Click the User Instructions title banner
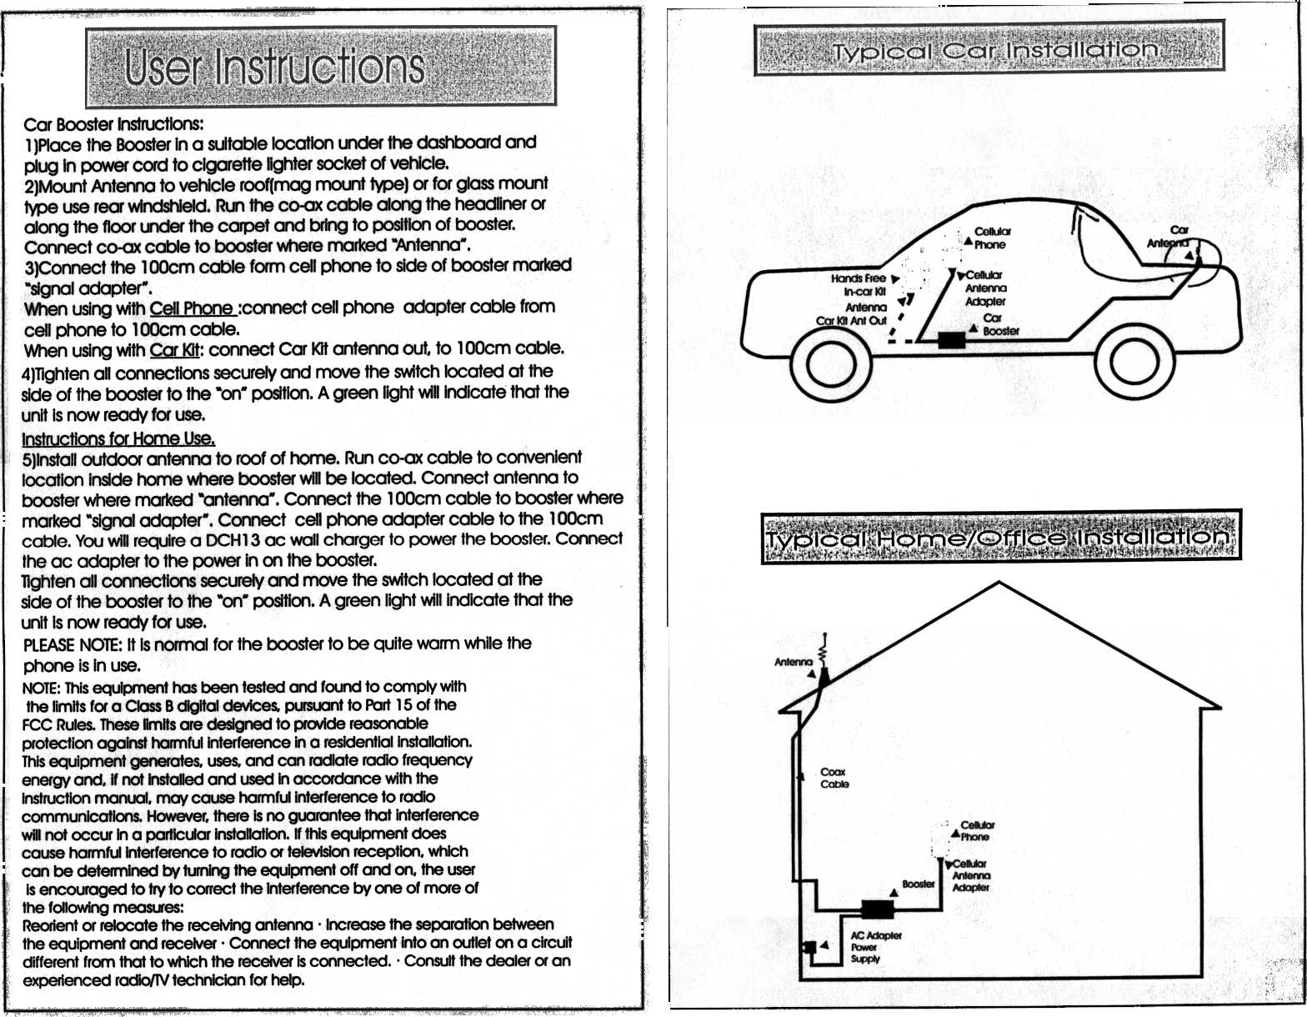[x=320, y=67]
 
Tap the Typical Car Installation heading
[x=989, y=50]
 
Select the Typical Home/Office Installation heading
[x=1000, y=538]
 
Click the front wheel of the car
[x=831, y=361]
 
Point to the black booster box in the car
[x=951, y=340]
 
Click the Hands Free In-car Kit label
[x=859, y=285]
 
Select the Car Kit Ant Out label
[x=851, y=321]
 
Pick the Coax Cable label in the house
[x=834, y=778]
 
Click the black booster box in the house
[x=876, y=909]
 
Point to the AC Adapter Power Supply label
[x=875, y=947]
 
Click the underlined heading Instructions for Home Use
[x=118, y=438]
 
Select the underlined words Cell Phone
[x=193, y=308]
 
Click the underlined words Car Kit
[x=177, y=349]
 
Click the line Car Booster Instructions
[x=113, y=125]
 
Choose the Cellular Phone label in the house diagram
[x=976, y=830]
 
